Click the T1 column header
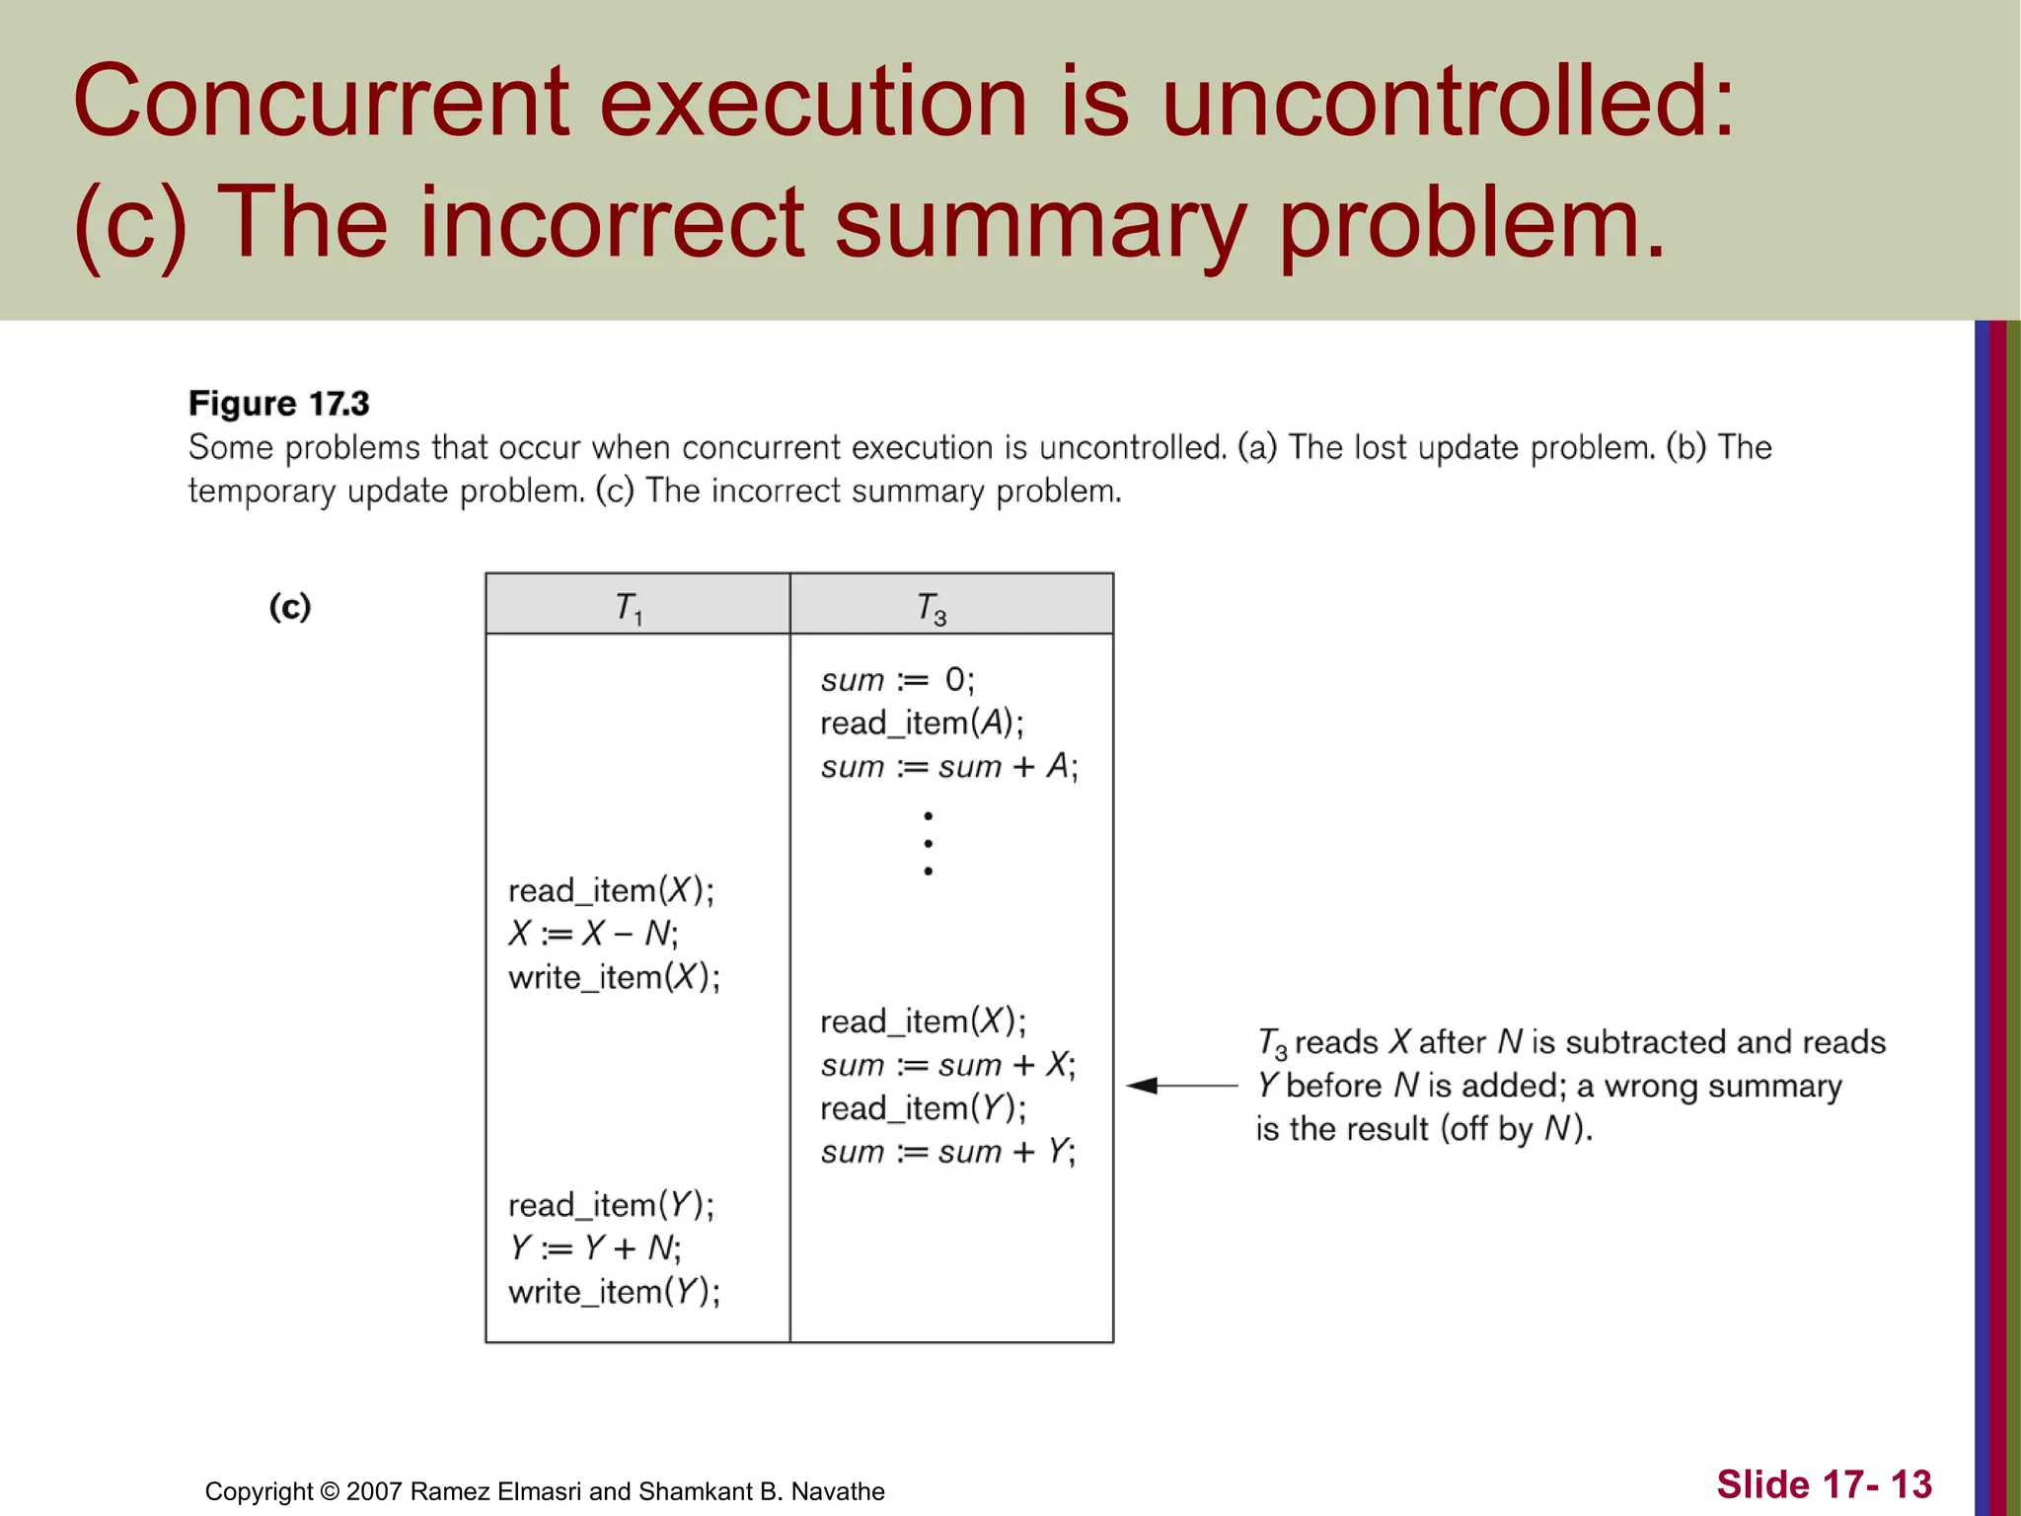(x=630, y=606)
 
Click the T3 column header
(x=932, y=606)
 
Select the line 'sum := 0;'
(x=896, y=680)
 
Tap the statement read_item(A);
(x=922, y=723)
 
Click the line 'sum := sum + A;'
(x=948, y=767)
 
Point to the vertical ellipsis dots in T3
(x=928, y=844)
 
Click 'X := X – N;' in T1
(x=593, y=934)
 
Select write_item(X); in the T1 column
(x=614, y=977)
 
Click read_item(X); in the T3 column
(x=922, y=1022)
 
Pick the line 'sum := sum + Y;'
(x=947, y=1152)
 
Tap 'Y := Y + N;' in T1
(x=595, y=1249)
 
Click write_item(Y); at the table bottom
(x=614, y=1292)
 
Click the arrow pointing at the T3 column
(x=1180, y=1086)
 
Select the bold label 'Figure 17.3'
(x=278, y=404)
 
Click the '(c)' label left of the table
(x=290, y=606)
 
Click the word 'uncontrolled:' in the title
(x=1447, y=102)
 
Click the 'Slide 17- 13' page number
(x=1824, y=1484)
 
